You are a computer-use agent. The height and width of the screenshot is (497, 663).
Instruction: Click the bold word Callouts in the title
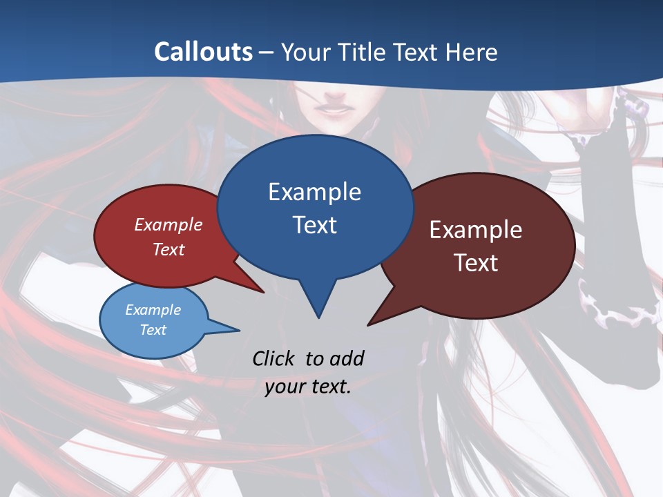coord(203,52)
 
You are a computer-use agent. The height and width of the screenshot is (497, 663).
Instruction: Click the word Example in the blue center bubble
coord(314,192)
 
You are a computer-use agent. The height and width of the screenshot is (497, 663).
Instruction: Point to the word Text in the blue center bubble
coord(314,225)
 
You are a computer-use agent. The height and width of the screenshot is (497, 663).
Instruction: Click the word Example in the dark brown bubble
coord(476,230)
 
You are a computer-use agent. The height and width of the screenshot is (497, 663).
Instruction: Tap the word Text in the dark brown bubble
coord(476,263)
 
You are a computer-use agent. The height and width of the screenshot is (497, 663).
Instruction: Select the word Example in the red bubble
coord(168,225)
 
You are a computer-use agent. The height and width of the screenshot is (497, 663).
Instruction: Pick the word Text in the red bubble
coord(168,249)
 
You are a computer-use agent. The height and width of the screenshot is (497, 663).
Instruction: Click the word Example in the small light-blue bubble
coord(153,310)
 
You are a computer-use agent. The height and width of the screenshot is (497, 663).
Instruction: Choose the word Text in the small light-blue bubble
coord(153,330)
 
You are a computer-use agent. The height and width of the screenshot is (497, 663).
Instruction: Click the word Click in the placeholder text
coord(276,358)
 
